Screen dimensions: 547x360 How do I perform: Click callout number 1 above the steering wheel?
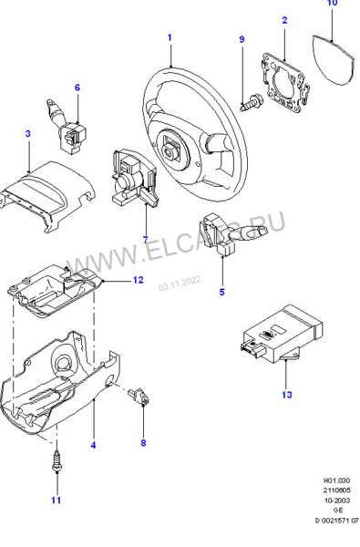170,37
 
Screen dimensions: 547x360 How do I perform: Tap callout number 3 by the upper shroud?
28,134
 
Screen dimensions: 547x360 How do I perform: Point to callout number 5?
221,293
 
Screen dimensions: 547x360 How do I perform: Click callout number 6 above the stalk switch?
77,88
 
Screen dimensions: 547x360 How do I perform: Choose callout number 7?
144,240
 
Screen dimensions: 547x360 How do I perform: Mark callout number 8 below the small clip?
143,443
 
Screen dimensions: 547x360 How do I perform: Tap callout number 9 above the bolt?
242,40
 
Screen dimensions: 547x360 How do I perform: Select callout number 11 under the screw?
56,501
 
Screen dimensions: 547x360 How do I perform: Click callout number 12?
138,280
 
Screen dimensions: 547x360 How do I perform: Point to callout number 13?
286,395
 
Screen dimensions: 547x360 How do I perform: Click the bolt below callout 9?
248,105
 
